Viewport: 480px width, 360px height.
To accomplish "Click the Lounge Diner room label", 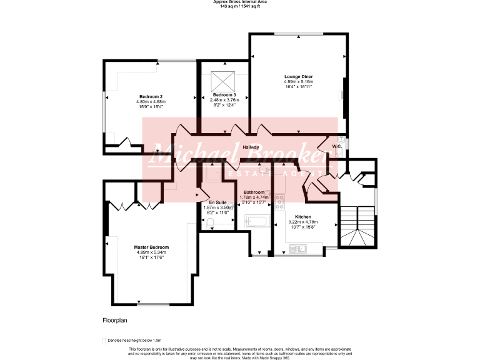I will (298, 77).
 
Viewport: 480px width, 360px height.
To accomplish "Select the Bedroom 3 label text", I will (224, 94).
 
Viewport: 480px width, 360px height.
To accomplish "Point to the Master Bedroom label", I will (151, 247).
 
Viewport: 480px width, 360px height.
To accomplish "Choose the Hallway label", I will (251, 147).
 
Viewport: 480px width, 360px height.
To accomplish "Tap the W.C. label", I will (336, 146).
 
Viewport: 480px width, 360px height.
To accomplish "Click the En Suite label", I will (217, 202).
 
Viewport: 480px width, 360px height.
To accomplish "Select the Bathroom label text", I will (254, 192).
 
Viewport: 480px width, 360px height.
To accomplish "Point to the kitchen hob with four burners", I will (279, 202).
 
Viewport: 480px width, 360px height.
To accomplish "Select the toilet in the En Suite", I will (211, 223).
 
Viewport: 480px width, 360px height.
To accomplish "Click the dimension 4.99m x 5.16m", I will (298, 82).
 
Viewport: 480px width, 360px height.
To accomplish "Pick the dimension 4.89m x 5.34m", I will (151, 252).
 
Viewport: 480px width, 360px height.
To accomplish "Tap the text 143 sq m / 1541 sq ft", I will (239, 6).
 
